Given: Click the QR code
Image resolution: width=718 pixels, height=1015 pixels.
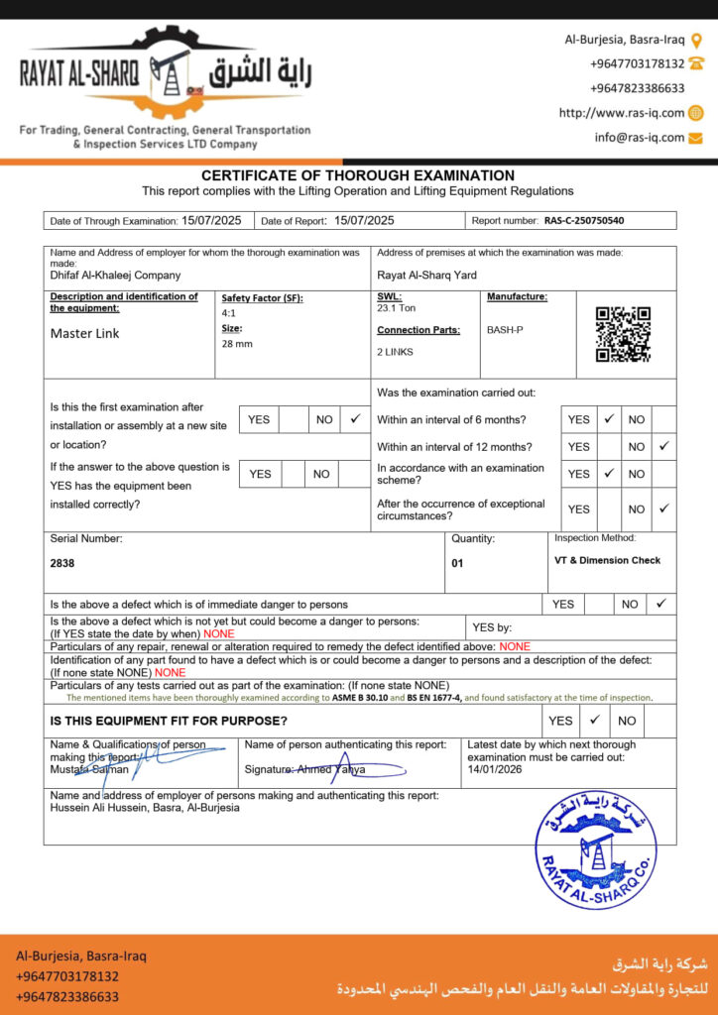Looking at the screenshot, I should (623, 334).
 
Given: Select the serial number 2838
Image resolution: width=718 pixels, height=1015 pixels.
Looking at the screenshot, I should (62, 563).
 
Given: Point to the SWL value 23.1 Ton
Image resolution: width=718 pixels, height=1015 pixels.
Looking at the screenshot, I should (397, 308).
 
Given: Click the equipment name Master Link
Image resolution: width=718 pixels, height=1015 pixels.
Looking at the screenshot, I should (84, 334).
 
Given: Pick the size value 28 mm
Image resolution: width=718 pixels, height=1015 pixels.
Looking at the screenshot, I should (237, 344).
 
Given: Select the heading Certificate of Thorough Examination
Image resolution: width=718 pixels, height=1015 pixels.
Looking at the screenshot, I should (358, 175).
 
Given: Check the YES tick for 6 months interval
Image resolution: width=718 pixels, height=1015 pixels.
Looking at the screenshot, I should (609, 419).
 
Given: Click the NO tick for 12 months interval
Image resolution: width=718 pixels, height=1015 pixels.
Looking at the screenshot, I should (663, 446).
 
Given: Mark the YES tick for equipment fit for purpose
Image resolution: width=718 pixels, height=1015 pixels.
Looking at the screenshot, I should (595, 721).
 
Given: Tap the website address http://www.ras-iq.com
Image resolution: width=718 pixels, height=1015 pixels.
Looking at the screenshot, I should (622, 113).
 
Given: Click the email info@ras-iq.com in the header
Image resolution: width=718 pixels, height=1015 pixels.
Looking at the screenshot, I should (640, 138).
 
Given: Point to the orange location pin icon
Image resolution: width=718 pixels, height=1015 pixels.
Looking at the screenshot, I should (696, 41).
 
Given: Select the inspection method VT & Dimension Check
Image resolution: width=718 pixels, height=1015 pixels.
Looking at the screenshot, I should (607, 560).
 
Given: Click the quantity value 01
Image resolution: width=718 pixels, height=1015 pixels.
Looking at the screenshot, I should (458, 562).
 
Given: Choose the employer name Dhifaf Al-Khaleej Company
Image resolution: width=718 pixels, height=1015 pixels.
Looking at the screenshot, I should (115, 276).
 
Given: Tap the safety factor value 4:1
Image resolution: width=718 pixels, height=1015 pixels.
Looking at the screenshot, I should (229, 313).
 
